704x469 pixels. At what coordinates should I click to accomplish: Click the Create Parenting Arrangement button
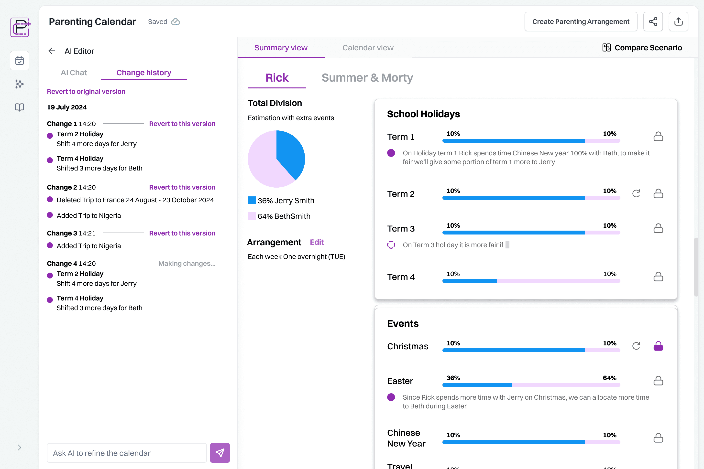(x=581, y=21)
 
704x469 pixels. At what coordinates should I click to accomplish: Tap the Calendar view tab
(x=368, y=48)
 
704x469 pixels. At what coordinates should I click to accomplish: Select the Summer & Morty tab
(x=367, y=78)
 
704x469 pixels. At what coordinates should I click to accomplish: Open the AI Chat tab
(x=74, y=73)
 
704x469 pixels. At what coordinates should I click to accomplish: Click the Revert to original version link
(x=86, y=92)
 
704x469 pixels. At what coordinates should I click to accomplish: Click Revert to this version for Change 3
(x=182, y=233)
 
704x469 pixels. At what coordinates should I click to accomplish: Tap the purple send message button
(x=220, y=453)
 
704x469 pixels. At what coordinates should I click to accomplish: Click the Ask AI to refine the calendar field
(x=127, y=453)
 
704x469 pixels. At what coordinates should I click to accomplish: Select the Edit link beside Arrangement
(x=317, y=242)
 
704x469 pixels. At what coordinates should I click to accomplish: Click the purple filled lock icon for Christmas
(x=658, y=346)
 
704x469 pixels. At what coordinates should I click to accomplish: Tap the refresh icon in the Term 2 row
(x=636, y=193)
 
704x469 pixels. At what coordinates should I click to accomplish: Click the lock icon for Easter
(x=658, y=381)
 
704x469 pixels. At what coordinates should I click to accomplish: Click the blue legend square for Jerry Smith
(x=252, y=200)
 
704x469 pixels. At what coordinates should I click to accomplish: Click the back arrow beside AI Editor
(x=52, y=51)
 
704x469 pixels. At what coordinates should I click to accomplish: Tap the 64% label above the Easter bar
(x=609, y=378)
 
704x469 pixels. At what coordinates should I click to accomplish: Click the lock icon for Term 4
(x=658, y=277)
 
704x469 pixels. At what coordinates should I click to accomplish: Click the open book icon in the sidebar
(x=20, y=107)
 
